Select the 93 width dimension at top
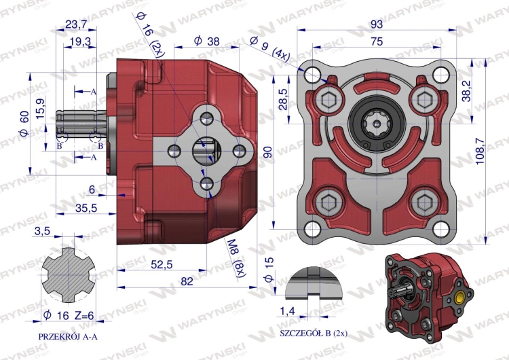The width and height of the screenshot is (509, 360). point(377,23)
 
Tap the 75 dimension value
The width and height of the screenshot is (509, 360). point(377,41)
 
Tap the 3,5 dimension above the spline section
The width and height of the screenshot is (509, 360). point(41,232)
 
